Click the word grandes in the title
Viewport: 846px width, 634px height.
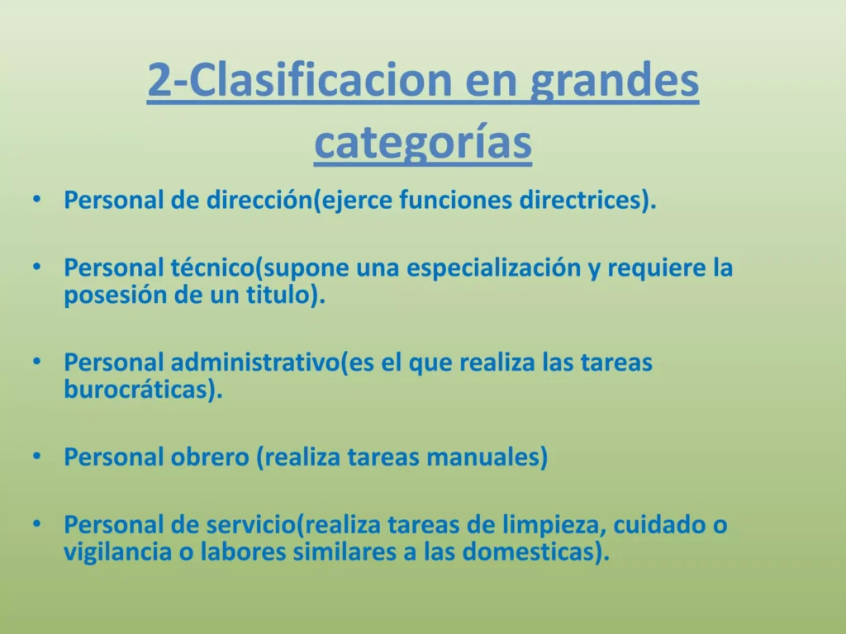[615, 81]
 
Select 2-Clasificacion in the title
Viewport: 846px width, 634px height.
[299, 79]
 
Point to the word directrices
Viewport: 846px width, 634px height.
[580, 200]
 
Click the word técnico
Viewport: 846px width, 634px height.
[212, 267]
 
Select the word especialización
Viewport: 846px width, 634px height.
[493, 269]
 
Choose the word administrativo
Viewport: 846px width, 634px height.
[255, 362]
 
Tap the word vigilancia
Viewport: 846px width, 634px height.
[117, 553]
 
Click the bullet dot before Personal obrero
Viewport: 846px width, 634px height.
[36, 457]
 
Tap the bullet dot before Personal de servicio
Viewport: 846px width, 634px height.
[36, 524]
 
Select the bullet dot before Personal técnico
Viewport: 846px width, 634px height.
[36, 267]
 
